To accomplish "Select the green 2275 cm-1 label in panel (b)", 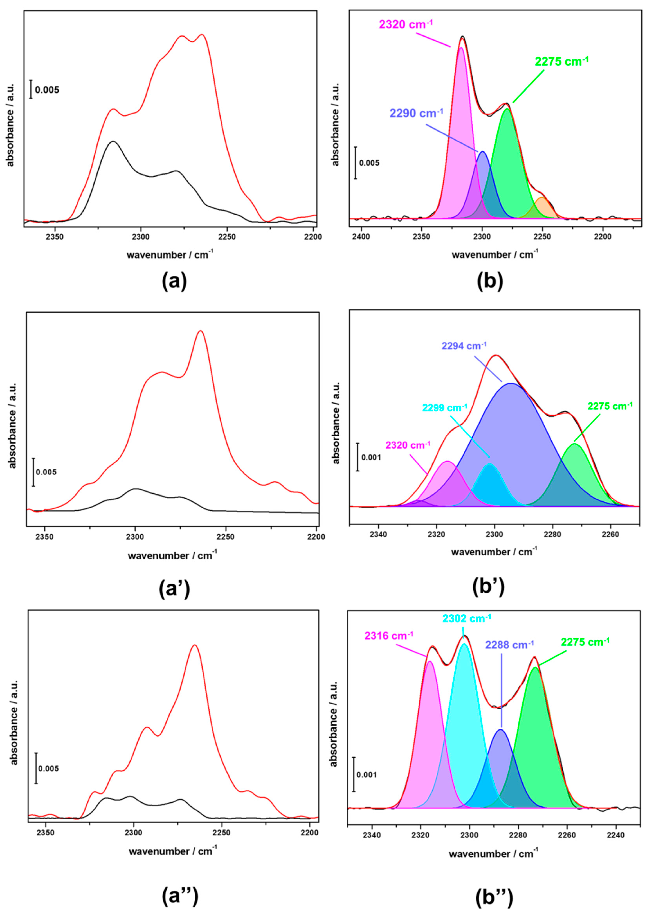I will (x=562, y=62).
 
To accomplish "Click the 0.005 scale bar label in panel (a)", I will (x=47, y=90).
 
